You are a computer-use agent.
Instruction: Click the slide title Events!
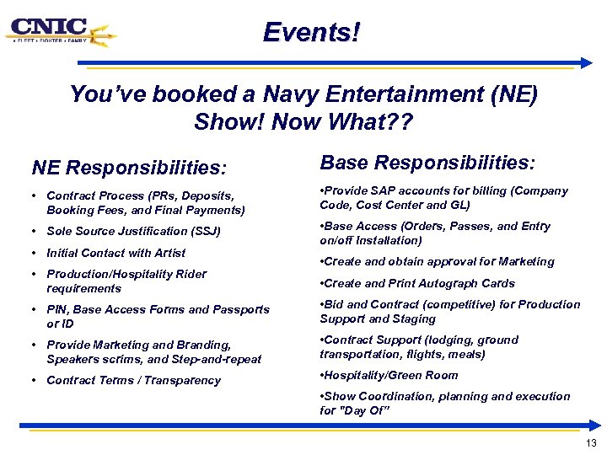click(311, 33)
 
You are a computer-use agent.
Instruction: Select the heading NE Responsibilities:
click(129, 169)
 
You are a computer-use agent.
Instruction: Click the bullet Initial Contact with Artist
click(115, 253)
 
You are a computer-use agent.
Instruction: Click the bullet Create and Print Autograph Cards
click(416, 283)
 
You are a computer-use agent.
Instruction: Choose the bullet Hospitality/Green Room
click(389, 375)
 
